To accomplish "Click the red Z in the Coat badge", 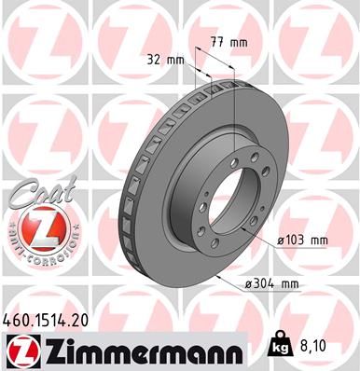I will [x=36, y=227].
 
